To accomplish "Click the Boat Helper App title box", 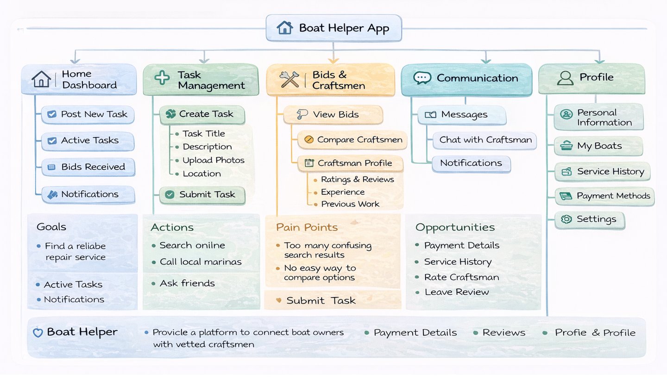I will (x=333, y=28).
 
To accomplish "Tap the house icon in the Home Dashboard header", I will (x=41, y=79).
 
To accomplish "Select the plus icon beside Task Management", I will (x=162, y=78).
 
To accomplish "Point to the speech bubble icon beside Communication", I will (x=422, y=78).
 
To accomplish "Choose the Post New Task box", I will (x=88, y=114).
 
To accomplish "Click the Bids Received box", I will (x=88, y=167).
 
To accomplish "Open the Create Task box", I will (x=202, y=114).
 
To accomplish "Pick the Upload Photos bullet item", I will (x=213, y=160).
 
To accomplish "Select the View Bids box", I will (x=333, y=115).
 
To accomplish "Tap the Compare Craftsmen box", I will (x=352, y=140).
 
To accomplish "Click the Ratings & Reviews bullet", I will (x=357, y=180).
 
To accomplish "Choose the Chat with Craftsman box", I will (x=485, y=140).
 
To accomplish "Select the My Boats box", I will (x=598, y=146).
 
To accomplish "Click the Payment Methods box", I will (x=604, y=196).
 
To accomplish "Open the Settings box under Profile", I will (x=590, y=219).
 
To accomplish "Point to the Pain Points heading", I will (x=307, y=227).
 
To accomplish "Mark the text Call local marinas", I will (x=201, y=262).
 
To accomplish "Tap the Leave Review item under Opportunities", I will (x=456, y=292).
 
